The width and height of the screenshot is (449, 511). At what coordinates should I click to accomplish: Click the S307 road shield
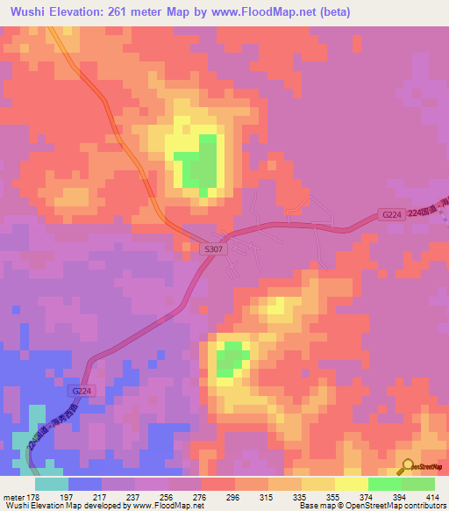213,249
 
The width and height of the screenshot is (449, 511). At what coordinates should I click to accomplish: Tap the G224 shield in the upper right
392,214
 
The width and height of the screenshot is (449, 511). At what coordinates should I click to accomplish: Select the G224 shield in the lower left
81,391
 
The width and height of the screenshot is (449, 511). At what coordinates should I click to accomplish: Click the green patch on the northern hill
199,162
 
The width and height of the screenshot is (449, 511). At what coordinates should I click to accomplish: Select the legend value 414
432,496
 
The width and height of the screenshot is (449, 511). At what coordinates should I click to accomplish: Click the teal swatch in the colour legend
51,483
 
